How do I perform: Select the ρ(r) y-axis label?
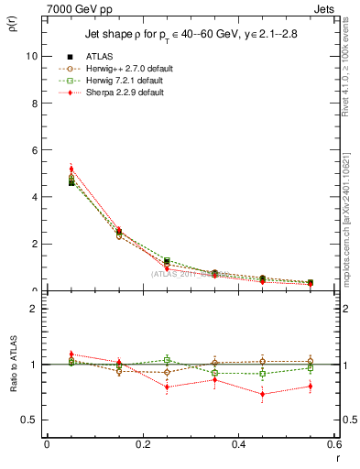click(14, 20)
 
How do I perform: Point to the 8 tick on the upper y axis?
click(34, 103)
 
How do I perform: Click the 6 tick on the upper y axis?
click(34, 150)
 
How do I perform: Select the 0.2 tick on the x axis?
click(143, 444)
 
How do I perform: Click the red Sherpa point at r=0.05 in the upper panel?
click(71, 169)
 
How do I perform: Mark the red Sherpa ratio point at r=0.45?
click(263, 395)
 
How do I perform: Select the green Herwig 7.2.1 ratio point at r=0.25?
click(167, 360)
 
